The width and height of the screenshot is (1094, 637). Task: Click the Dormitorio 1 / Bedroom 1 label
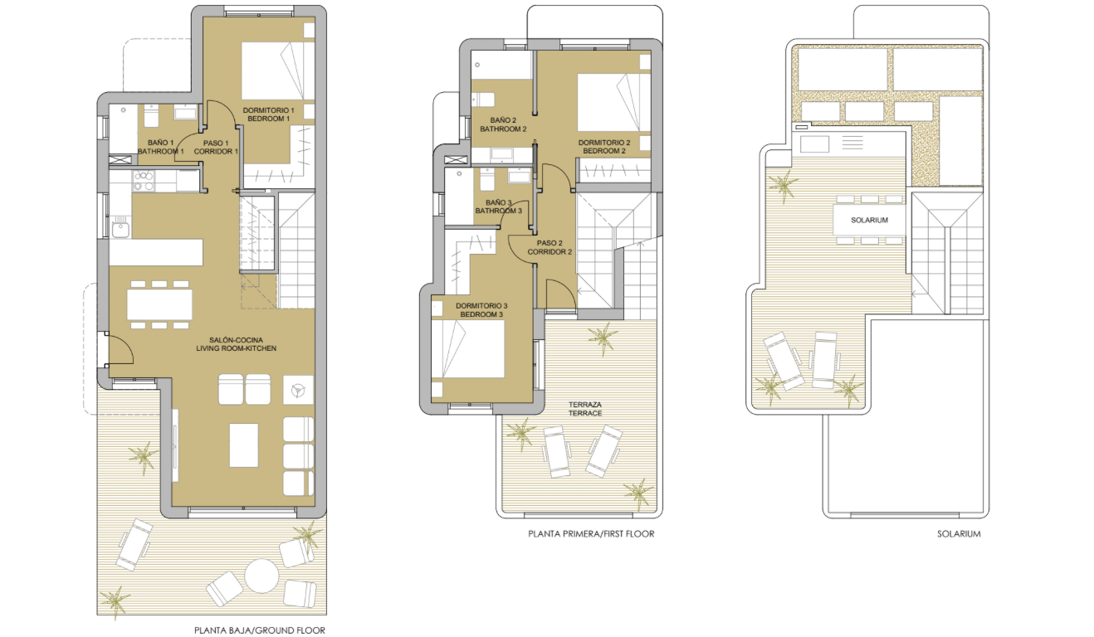[268, 114]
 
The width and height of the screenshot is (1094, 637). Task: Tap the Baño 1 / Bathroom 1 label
[161, 147]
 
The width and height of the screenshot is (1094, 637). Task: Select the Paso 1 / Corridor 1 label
[216, 147]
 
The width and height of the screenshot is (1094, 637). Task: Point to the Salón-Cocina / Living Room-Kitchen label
[237, 344]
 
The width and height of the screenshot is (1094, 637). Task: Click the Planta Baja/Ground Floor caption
[260, 630]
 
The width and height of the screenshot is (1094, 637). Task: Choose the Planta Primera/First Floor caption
[591, 533]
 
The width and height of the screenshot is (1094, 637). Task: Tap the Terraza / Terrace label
[585, 409]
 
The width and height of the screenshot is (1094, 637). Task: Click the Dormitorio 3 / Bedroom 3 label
[481, 310]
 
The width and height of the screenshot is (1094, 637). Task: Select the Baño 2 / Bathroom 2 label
[503, 124]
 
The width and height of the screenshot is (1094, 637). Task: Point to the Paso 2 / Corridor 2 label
[549, 247]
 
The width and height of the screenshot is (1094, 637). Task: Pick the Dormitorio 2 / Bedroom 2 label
[604, 147]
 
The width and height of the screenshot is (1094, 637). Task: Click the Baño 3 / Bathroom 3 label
[499, 207]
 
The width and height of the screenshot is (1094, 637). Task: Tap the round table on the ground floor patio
[261, 576]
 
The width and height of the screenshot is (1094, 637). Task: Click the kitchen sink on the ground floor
[120, 229]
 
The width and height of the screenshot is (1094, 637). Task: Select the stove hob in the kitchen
[144, 181]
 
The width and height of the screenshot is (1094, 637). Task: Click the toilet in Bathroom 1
[151, 115]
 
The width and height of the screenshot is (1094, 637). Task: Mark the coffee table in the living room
[244, 445]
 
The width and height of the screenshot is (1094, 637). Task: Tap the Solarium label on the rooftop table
[869, 220]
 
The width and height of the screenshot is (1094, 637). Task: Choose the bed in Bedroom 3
[468, 348]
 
